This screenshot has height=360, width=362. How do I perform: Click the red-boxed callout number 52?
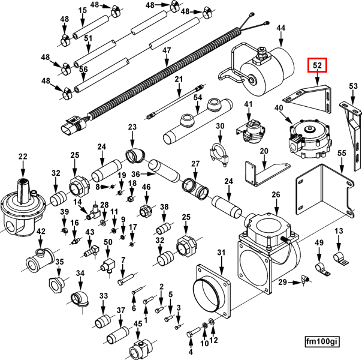tap(317, 64)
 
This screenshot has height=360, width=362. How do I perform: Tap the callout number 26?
tap(276, 194)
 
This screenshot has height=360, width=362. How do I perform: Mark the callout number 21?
tap(179, 80)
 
